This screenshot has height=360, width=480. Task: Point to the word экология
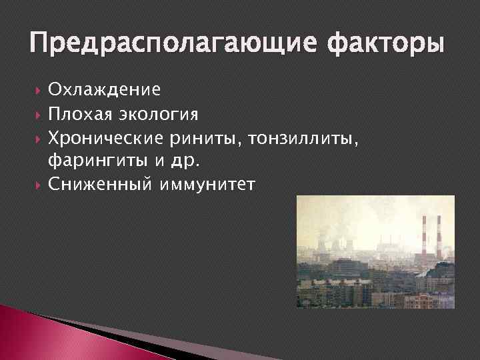click(157, 114)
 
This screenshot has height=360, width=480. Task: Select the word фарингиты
click(93, 161)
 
